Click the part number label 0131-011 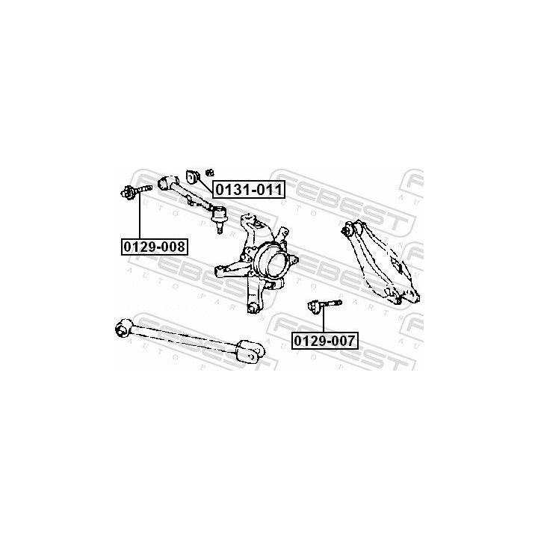(x=249, y=189)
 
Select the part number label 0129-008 (x=155, y=247)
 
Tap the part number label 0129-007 (x=325, y=341)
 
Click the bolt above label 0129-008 (x=136, y=191)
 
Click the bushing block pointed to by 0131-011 (x=193, y=176)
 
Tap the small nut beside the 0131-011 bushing (x=210, y=173)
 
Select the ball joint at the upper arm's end (x=218, y=214)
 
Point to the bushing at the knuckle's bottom (x=253, y=308)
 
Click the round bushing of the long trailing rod (x=122, y=327)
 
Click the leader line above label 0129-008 (x=140, y=215)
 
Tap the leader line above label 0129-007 (x=324, y=320)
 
